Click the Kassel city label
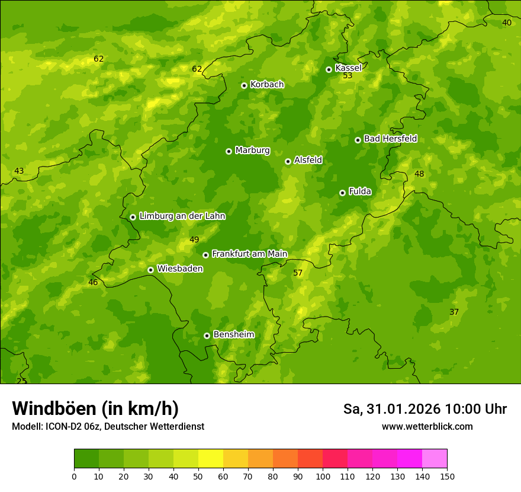coord(348,68)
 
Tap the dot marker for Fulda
coord(342,193)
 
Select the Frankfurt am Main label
coord(249,254)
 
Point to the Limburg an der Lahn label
coord(182,216)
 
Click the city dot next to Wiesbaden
coord(150,270)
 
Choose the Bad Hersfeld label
coord(390,139)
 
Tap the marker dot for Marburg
coord(229,151)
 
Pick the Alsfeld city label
coord(308,160)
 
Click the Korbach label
coord(267,85)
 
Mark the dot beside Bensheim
coord(207,336)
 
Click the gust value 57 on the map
coord(298,273)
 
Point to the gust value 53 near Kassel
coord(348,76)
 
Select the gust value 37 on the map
coord(454,312)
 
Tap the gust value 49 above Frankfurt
coord(194,240)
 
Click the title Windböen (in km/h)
coord(95,408)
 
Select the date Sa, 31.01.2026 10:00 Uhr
coord(424,409)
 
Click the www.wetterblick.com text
coord(427,426)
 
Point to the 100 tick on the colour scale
coord(323,476)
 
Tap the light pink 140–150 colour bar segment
coord(434,459)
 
